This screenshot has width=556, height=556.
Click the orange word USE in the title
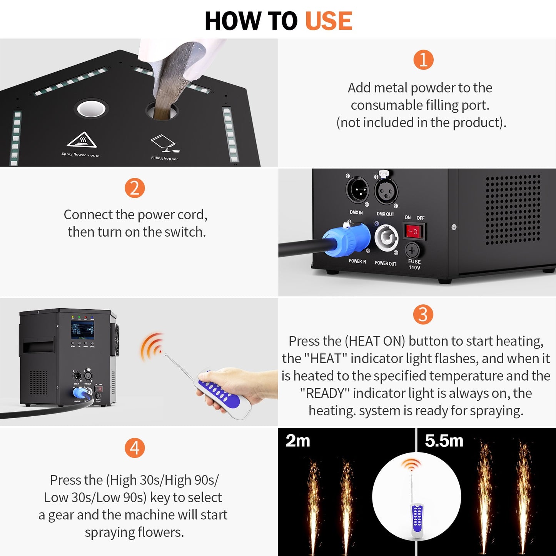(328, 21)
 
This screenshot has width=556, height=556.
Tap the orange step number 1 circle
(423, 60)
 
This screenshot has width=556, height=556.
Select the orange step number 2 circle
(134, 188)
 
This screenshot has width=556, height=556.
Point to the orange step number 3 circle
(423, 314)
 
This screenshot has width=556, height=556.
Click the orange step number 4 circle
(134, 448)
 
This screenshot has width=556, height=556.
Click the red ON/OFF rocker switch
(414, 232)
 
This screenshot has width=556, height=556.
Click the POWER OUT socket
(386, 238)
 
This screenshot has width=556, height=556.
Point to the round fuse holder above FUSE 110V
(412, 250)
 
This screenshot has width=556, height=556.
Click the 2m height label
(297, 441)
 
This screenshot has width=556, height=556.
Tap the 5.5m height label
(444, 441)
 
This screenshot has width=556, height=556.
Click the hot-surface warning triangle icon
(82, 140)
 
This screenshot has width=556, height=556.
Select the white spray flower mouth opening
(91, 109)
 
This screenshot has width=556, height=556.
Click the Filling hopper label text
(164, 158)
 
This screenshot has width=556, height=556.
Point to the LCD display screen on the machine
(82, 330)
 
